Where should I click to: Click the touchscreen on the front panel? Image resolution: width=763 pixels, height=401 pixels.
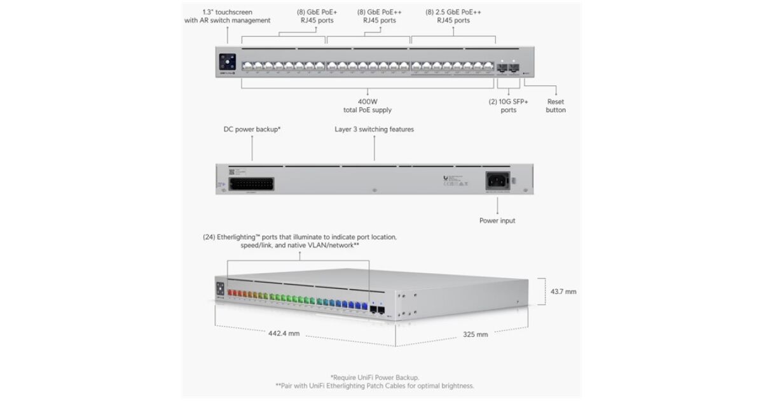[228, 62]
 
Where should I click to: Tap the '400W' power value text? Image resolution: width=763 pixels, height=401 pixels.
[368, 101]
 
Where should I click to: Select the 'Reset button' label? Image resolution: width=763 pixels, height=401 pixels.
[555, 106]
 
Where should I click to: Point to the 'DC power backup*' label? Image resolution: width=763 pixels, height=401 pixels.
[252, 129]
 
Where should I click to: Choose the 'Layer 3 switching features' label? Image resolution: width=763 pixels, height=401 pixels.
[374, 129]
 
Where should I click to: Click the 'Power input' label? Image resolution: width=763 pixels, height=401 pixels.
[497, 221]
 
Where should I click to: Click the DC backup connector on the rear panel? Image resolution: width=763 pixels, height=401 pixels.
[252, 185]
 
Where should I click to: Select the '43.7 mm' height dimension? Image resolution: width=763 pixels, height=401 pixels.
[562, 292]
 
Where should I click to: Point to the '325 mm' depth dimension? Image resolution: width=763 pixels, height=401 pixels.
[475, 334]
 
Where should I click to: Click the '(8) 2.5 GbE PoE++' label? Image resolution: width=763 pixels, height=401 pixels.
[453, 11]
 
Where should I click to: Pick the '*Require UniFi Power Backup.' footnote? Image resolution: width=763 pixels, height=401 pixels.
[375, 377]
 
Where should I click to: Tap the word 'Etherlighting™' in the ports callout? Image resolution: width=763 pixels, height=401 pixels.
[242, 237]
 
